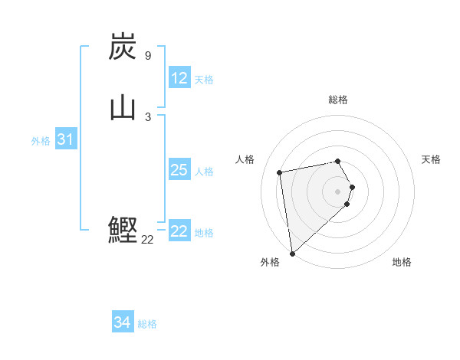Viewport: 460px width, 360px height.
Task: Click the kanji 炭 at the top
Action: coord(123,47)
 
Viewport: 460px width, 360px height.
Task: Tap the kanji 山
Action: coord(123,108)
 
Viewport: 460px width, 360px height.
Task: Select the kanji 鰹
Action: coord(123,230)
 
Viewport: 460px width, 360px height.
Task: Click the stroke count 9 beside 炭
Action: coord(147,56)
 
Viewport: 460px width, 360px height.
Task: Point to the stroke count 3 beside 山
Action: coord(147,116)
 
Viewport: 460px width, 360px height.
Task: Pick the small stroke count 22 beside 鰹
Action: coord(147,239)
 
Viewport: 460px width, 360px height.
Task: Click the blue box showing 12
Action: coord(179,78)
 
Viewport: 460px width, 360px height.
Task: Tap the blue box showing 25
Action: coord(179,170)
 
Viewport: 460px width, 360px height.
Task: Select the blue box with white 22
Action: coord(179,231)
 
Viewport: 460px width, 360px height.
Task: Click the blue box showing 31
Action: coord(65,139)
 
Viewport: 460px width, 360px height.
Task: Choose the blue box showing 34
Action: coord(123,322)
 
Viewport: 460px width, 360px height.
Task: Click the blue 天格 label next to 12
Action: coord(204,80)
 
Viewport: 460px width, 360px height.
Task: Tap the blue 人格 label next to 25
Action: coord(204,172)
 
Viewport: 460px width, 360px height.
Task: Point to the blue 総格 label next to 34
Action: coord(147,324)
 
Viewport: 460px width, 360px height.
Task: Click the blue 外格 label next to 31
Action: coord(41,141)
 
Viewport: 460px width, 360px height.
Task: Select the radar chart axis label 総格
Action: coord(338,100)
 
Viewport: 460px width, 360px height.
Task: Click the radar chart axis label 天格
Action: coord(431,159)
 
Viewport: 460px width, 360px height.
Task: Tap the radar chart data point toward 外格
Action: coord(292,253)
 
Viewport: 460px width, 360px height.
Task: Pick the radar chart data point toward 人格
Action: coord(280,172)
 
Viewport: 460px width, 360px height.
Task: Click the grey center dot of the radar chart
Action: coord(338,191)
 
